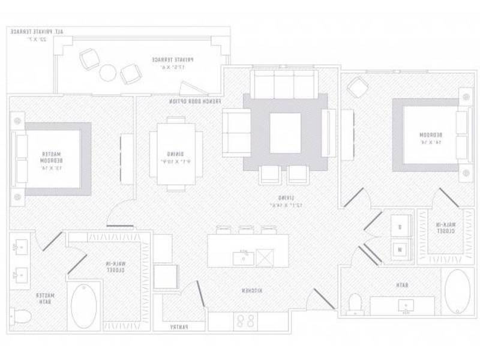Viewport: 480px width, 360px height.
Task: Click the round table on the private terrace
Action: click(107, 73)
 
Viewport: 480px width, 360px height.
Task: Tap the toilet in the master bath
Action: click(21, 316)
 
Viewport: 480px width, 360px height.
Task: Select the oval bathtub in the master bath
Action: click(83, 304)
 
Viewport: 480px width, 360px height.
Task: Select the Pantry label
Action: click(178, 327)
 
